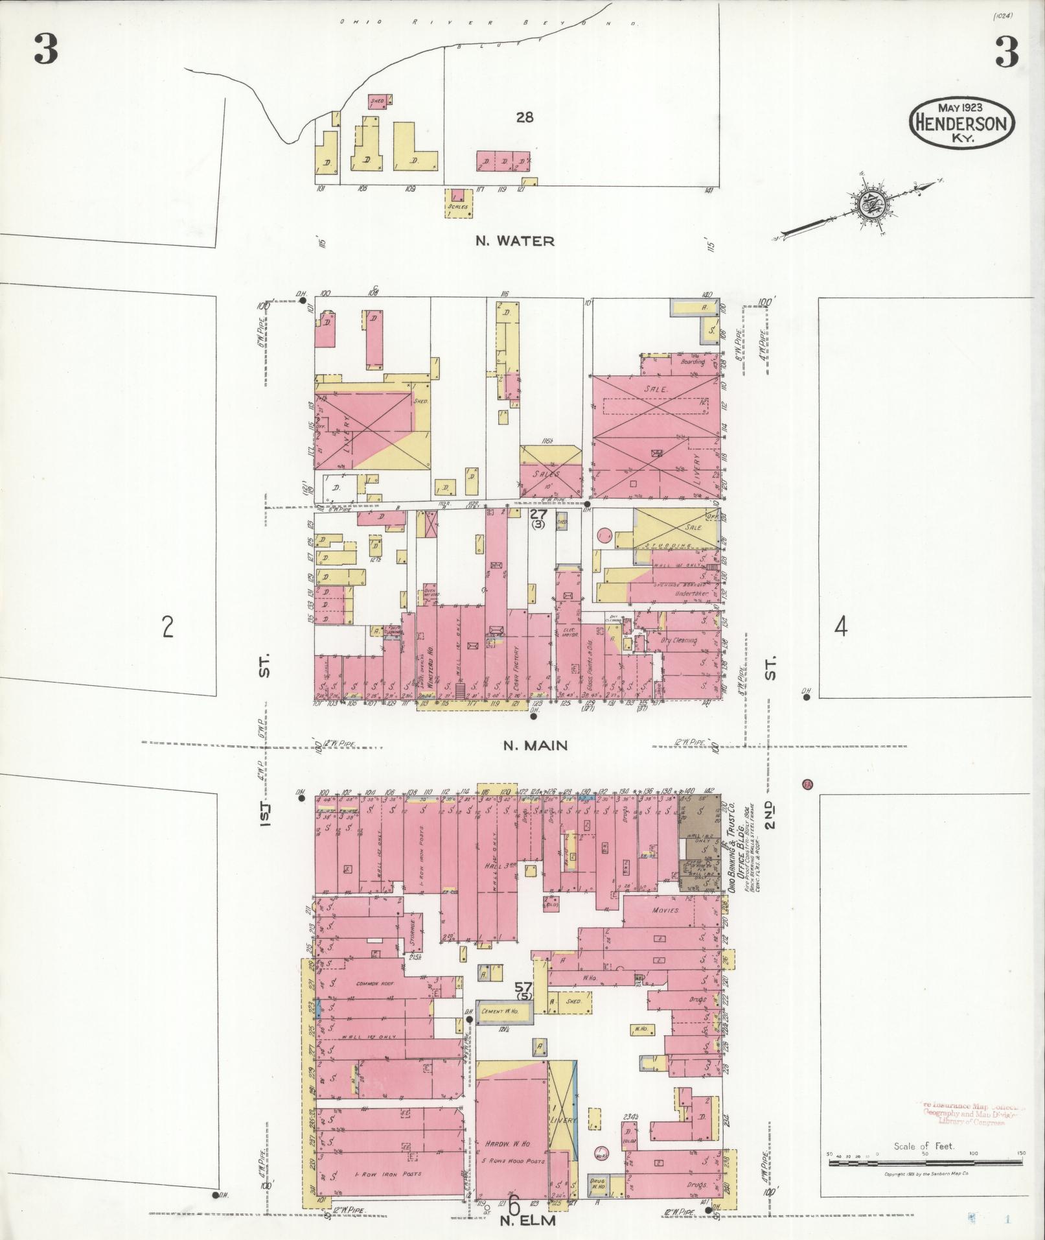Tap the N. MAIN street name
pyautogui.click(x=535, y=745)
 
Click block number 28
pyautogui.click(x=525, y=118)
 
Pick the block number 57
pyautogui.click(x=523, y=1005)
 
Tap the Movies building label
pyautogui.click(x=665, y=910)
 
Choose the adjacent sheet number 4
pyautogui.click(x=840, y=627)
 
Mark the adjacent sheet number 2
pyautogui.click(x=168, y=627)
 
